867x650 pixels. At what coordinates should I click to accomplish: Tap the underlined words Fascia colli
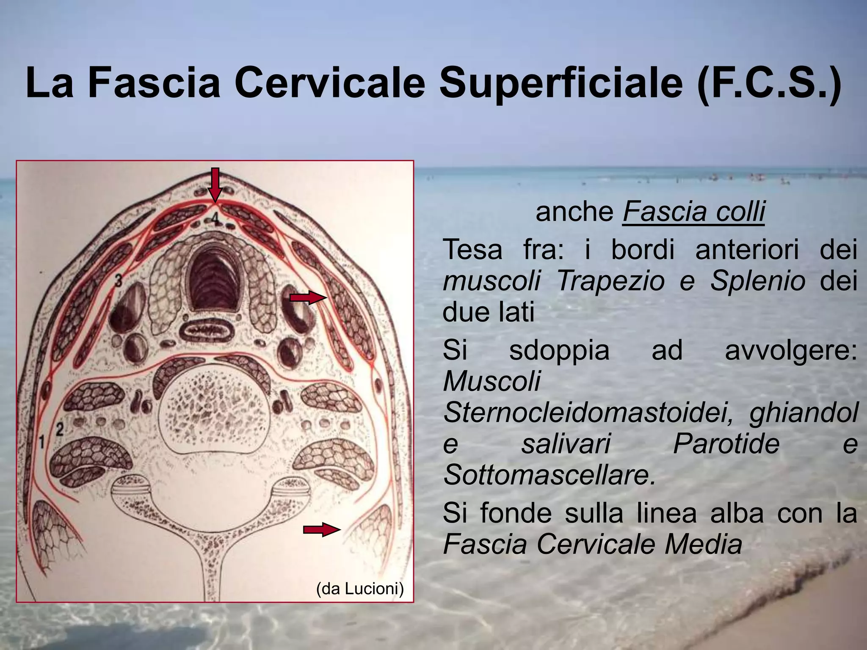pyautogui.click(x=693, y=211)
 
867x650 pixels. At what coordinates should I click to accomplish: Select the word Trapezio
pyautogui.click(x=610, y=280)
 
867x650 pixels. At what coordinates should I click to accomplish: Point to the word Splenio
pyautogui.click(x=757, y=280)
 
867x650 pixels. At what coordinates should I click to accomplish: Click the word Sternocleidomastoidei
pyautogui.click(x=588, y=413)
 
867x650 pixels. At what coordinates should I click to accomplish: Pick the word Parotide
pyautogui.click(x=726, y=443)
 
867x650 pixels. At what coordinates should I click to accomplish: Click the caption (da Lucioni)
pyautogui.click(x=360, y=589)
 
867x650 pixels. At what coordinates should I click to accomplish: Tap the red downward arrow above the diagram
pyautogui.click(x=215, y=185)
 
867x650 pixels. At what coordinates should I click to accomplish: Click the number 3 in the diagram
pyautogui.click(x=119, y=280)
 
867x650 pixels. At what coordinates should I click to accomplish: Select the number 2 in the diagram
pyautogui.click(x=60, y=430)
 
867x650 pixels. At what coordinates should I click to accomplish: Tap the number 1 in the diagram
pyautogui.click(x=42, y=442)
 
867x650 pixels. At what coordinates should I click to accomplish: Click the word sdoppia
pyautogui.click(x=559, y=350)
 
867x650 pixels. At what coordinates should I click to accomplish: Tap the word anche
pyautogui.click(x=575, y=211)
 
